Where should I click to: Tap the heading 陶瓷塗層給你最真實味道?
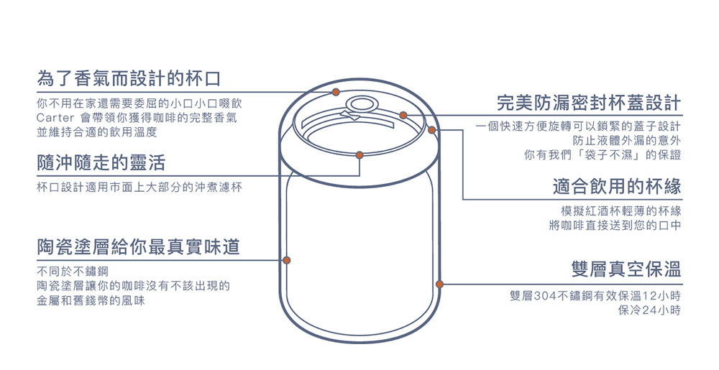(x=138, y=247)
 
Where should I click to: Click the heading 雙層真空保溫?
(x=626, y=270)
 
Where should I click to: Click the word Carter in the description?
(x=56, y=118)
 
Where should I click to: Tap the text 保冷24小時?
(x=649, y=310)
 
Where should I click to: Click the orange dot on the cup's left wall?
(x=286, y=259)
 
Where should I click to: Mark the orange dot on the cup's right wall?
(x=439, y=284)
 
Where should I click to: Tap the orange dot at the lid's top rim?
(x=336, y=92)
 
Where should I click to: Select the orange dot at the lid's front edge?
(x=359, y=154)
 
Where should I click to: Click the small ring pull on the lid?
(x=357, y=105)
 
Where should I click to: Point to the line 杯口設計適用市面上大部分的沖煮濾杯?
(x=139, y=188)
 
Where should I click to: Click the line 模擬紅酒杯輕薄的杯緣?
(x=620, y=211)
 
